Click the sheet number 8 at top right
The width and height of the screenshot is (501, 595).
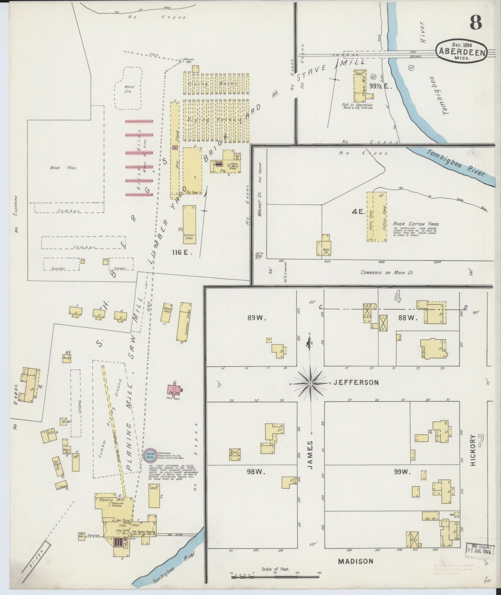tap(476, 23)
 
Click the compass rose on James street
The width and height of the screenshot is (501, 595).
tap(311, 383)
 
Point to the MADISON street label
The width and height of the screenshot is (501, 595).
tap(356, 561)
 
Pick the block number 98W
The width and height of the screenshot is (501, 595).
tap(254, 471)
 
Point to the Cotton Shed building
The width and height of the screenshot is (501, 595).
tap(381, 217)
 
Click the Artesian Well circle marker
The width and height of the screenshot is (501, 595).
tap(181, 60)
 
